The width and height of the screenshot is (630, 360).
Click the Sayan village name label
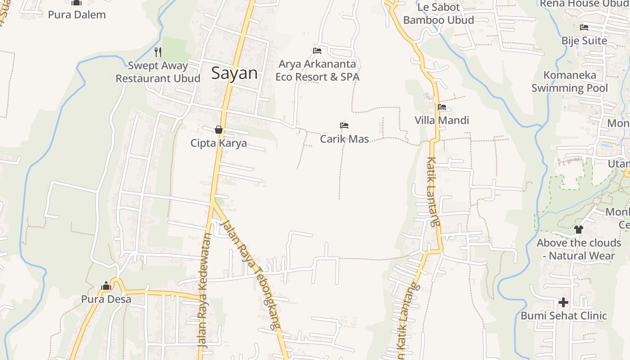(234, 73)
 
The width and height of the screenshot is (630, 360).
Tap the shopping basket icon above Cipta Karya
(219, 130)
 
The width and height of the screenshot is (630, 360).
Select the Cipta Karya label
(219, 143)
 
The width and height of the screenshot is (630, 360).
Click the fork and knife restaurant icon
(157, 52)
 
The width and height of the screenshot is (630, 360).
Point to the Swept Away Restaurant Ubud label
(158, 72)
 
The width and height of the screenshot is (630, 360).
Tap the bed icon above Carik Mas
(344, 126)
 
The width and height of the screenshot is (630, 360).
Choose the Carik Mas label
(344, 139)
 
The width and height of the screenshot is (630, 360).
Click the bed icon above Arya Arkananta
(317, 50)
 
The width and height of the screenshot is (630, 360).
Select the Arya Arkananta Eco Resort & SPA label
(317, 71)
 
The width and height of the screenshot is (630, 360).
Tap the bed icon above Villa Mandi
(442, 107)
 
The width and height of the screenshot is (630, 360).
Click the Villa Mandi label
(442, 120)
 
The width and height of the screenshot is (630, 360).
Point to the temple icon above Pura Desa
(106, 286)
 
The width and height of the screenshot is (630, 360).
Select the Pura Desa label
(106, 299)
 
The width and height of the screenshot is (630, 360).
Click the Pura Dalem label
(77, 14)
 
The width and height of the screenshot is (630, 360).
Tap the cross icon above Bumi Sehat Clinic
(563, 302)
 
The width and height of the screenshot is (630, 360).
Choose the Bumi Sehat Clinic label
(563, 315)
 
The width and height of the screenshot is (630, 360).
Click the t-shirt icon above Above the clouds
(579, 229)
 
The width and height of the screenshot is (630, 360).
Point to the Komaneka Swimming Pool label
(570, 81)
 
